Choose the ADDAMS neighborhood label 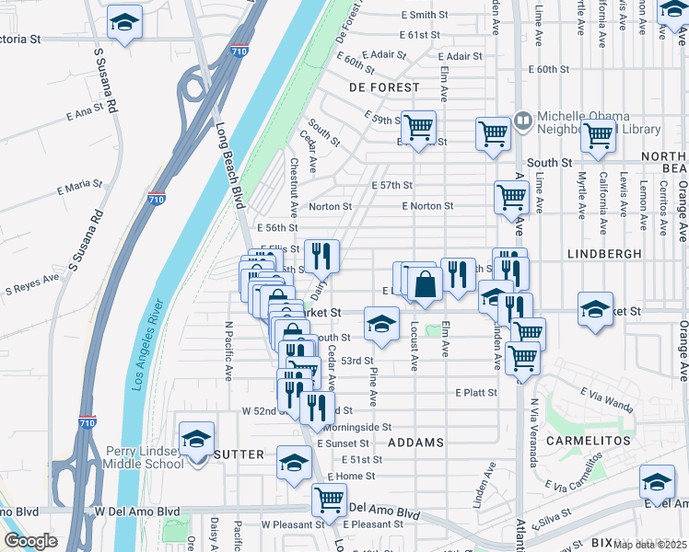coord(415,443)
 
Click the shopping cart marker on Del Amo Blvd coord(329,500)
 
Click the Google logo coord(30,541)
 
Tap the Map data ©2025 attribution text coord(651,545)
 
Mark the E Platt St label coord(475,392)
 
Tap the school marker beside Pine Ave coord(380,323)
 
